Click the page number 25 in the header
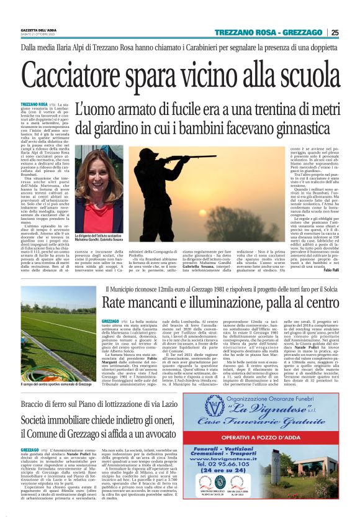[352, 33]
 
